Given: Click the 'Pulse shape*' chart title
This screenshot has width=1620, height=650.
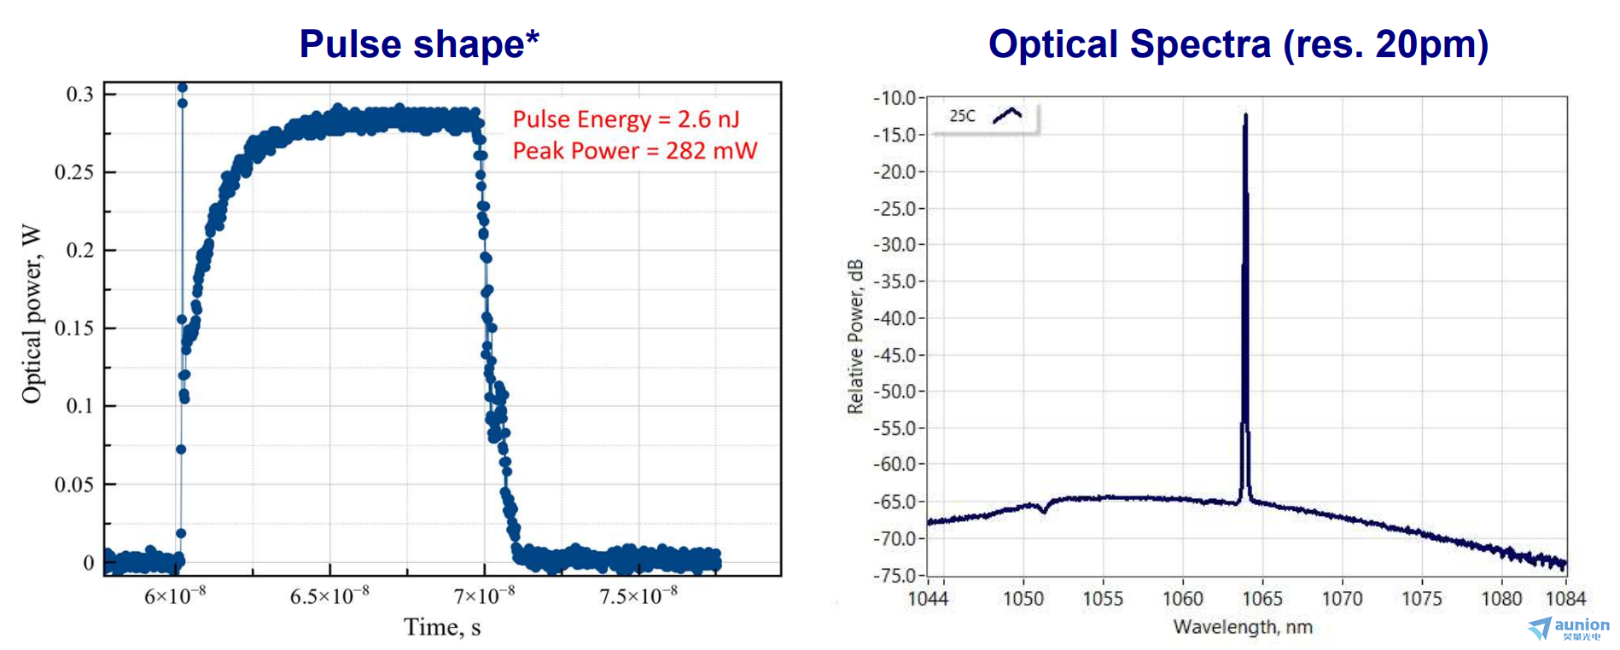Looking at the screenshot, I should pos(418,44).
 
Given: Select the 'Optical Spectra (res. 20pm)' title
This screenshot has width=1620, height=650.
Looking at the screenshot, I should pos(1238,44).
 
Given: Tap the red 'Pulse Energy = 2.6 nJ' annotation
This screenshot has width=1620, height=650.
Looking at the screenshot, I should pos(626,119).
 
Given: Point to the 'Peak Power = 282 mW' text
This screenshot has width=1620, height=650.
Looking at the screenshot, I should pos(634,151).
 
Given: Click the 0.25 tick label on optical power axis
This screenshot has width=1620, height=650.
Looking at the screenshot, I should pos(74,172).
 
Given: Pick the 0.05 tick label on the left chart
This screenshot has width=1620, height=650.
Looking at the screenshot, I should pos(74,485).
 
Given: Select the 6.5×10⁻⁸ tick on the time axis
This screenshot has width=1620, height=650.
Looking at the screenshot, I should pos(329,595).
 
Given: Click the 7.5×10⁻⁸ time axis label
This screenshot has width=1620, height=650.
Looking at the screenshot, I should pos(638,595).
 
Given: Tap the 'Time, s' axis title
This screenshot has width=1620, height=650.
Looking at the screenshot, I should pos(441,628).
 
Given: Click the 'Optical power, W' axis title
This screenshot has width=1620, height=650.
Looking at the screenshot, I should pos(32,314).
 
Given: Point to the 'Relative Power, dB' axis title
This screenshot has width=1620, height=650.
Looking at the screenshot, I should pos(855,337).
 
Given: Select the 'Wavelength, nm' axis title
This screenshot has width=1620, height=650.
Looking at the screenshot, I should pos(1242,627).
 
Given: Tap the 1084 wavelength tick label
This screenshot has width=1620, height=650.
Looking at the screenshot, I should pos(1565,599).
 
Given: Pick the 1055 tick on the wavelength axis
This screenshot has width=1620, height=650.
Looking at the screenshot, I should pos(1103,599).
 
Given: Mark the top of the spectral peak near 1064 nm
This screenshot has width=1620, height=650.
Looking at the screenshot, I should pos(1246,114).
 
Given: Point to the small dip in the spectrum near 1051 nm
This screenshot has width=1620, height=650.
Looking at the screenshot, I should pos(1044,511).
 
